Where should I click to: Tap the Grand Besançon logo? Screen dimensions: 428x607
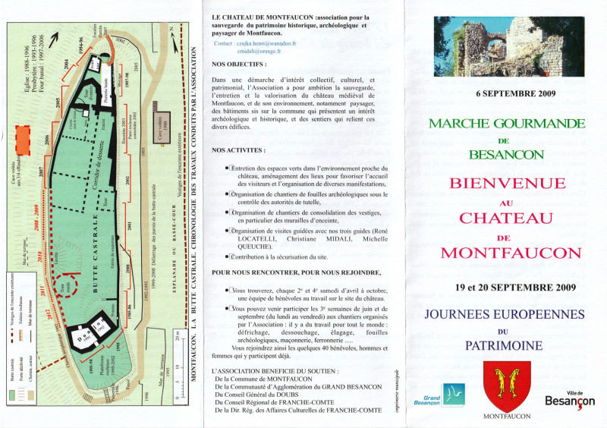click(x=439, y=396)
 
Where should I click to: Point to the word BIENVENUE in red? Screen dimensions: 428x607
click(x=507, y=184)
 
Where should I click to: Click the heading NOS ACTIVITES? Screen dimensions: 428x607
click(x=238, y=150)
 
